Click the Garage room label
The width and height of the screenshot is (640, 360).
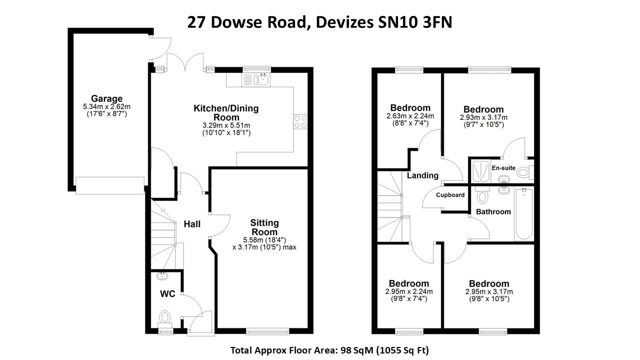[x=106, y=98]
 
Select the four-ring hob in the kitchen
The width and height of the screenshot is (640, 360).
[x=300, y=122]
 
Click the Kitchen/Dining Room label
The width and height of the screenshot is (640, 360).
[x=226, y=112]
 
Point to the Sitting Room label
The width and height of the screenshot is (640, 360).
[x=264, y=227]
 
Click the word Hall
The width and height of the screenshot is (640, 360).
[x=192, y=224]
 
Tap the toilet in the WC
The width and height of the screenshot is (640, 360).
[x=165, y=316]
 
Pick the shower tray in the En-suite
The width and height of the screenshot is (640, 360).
[x=481, y=171]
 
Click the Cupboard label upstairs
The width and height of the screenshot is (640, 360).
[x=450, y=195]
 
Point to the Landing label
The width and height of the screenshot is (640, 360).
[x=422, y=175]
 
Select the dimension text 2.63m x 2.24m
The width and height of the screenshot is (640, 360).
[x=410, y=116]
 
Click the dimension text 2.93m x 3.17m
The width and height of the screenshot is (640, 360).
[x=483, y=117]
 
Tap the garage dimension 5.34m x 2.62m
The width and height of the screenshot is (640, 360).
[x=106, y=106]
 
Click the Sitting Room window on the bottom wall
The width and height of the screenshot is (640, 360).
[x=268, y=330]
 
